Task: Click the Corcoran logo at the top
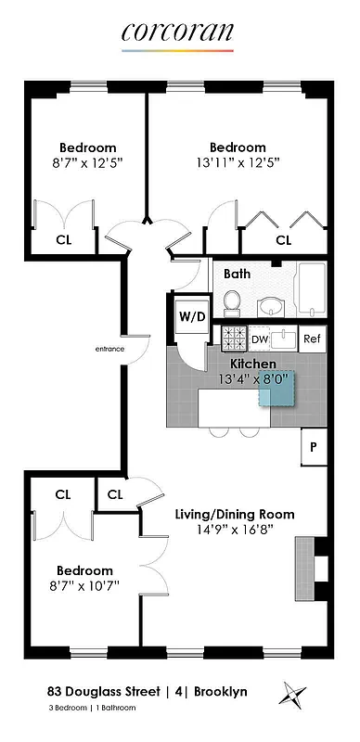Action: (177, 32)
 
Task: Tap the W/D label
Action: (192, 316)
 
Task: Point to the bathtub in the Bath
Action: (311, 289)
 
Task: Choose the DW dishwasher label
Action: (260, 338)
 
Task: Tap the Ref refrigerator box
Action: (313, 338)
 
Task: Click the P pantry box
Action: (314, 447)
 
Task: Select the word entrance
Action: (109, 350)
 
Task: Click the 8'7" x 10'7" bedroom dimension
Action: (84, 585)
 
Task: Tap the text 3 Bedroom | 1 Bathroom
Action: (91, 709)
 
